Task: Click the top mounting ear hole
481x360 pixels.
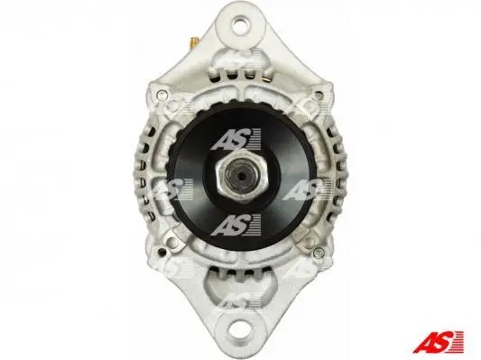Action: (240, 25)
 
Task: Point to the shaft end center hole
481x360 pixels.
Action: (242, 176)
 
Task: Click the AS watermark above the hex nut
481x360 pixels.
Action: (236, 139)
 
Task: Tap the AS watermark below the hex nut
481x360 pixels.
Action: (236, 225)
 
